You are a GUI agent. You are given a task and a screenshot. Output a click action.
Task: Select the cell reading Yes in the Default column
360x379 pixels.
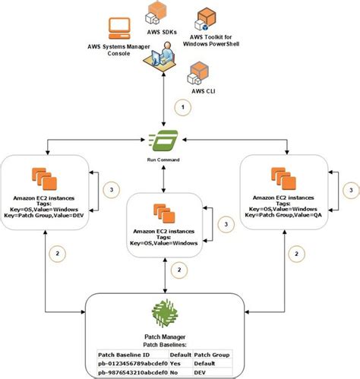[178, 363]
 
